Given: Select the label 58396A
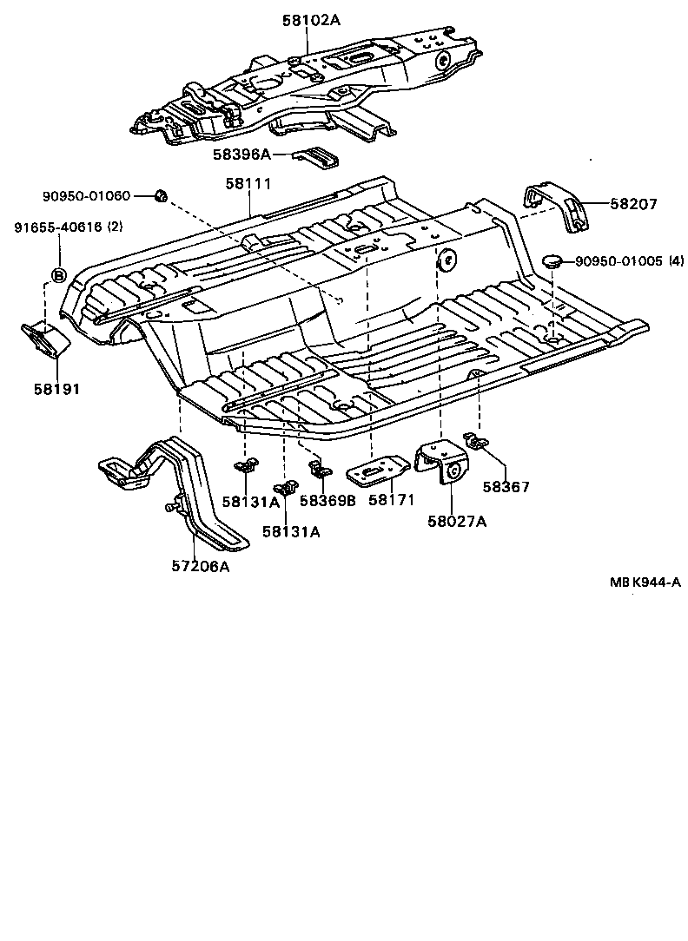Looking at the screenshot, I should (241, 155).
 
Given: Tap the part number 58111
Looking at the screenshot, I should (248, 184).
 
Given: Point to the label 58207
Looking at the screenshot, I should (633, 205).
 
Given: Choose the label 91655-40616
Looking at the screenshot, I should (57, 227).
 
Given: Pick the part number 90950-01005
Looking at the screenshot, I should (618, 260).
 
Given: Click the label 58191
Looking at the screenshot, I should (56, 390).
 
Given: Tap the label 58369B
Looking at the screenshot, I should (327, 501).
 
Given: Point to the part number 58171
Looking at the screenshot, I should (392, 500).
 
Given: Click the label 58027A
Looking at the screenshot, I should (456, 521).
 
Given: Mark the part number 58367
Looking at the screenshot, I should (506, 488).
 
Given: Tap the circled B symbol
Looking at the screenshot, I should (58, 276).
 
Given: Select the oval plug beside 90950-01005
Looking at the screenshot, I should (552, 260).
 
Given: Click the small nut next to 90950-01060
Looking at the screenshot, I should (160, 195).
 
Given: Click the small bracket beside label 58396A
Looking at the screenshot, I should (318, 157).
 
